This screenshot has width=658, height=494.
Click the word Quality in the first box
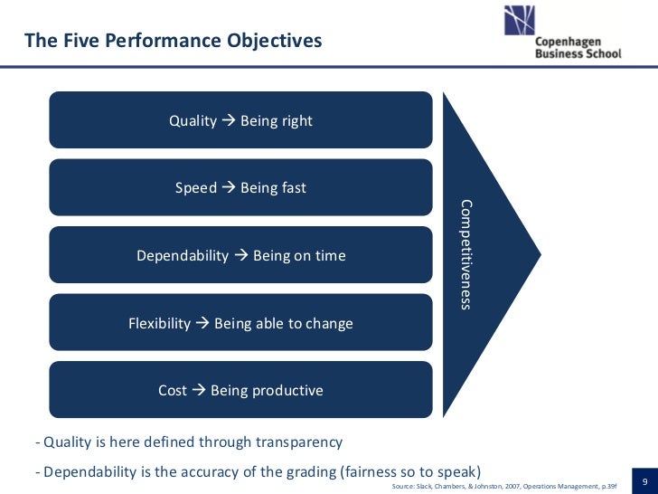[x=193, y=120]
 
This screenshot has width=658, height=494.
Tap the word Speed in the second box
[x=195, y=188]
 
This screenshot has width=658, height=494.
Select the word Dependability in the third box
[x=183, y=256]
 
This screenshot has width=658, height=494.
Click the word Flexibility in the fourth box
[x=160, y=323]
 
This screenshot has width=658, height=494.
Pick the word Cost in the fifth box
[x=173, y=391]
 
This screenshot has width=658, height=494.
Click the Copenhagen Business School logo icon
[x=519, y=20]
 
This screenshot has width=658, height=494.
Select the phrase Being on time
[x=299, y=256]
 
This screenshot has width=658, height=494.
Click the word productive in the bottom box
[x=287, y=391]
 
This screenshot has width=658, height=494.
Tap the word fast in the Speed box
[x=294, y=188]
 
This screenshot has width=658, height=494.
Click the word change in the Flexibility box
[x=331, y=323]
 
